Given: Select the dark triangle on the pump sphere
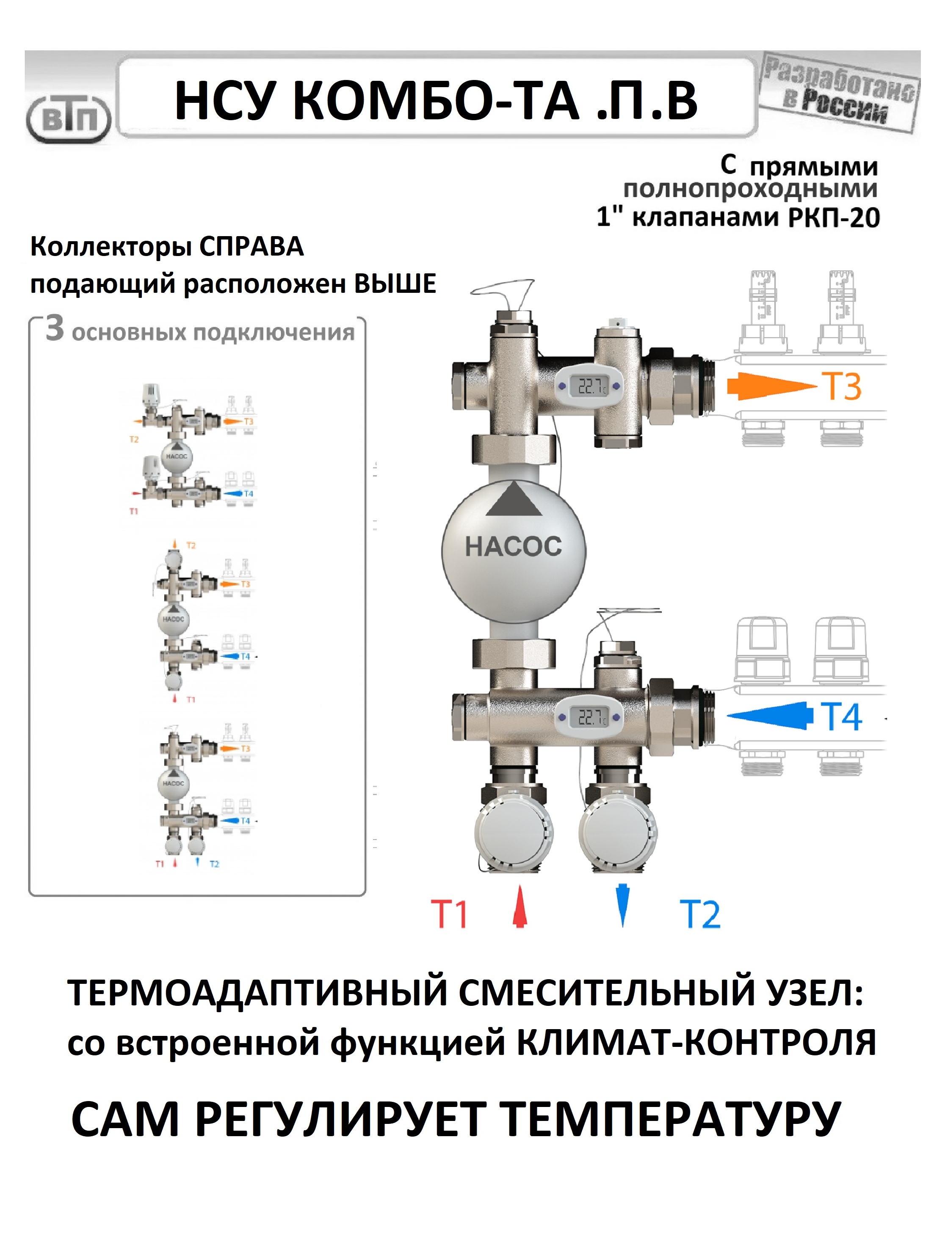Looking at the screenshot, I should (514, 500).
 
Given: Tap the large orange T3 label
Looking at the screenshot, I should (843, 387).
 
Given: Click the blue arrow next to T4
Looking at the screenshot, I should (770, 716).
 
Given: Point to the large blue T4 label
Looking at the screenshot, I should (841, 717).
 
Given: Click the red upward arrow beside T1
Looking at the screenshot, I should (520, 906).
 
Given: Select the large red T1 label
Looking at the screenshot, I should (449, 914).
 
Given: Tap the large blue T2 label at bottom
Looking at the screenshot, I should (700, 914).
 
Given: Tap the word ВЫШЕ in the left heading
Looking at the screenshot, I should (395, 283).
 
